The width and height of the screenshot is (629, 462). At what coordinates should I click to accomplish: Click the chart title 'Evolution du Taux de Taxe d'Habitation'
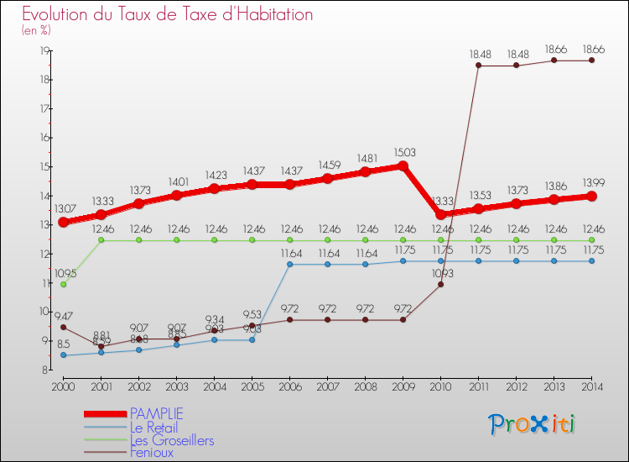click(x=167, y=14)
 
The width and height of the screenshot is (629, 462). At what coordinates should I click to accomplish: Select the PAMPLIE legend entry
click(x=155, y=413)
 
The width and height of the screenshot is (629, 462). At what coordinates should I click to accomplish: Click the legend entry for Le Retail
click(x=153, y=428)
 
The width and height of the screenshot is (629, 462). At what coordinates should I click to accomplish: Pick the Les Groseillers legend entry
click(x=171, y=440)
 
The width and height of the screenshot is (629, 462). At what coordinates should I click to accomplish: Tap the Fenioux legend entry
click(x=152, y=453)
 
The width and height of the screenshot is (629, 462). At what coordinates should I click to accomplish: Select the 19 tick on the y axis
click(x=43, y=50)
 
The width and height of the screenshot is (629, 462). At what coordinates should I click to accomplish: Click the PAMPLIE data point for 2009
click(x=403, y=165)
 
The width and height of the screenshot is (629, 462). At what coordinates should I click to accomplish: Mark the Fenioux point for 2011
click(x=478, y=66)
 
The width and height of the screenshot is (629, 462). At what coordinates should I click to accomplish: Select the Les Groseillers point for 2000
click(x=64, y=284)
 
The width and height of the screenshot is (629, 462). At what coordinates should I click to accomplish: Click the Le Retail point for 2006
click(x=289, y=264)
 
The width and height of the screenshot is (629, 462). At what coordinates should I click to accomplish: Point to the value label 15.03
click(x=403, y=152)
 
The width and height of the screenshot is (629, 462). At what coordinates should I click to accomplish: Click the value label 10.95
click(x=65, y=273)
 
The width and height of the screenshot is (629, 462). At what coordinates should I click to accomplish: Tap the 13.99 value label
click(x=591, y=182)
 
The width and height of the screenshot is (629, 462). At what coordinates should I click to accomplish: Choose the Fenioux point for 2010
click(x=440, y=284)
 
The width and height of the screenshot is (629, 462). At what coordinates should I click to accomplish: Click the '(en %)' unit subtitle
click(x=36, y=30)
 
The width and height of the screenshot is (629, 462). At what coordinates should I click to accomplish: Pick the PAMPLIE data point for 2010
click(x=440, y=215)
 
